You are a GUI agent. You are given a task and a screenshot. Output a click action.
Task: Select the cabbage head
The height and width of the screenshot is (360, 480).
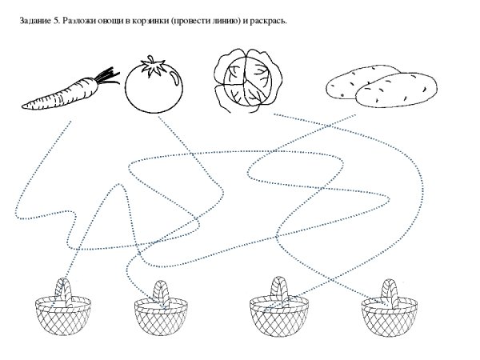[247, 80]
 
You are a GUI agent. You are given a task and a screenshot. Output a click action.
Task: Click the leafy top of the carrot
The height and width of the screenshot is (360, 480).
[107, 76]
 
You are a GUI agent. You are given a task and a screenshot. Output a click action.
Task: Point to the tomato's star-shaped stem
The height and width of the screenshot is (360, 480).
[152, 66]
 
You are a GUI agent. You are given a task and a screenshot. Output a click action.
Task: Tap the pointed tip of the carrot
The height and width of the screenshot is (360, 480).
[22, 106]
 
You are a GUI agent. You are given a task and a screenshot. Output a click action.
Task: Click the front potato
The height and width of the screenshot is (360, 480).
[396, 90]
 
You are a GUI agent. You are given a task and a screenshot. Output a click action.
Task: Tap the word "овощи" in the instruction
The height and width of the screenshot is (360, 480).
[111, 22]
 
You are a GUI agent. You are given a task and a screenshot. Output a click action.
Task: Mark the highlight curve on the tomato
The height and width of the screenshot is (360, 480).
[175, 78]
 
